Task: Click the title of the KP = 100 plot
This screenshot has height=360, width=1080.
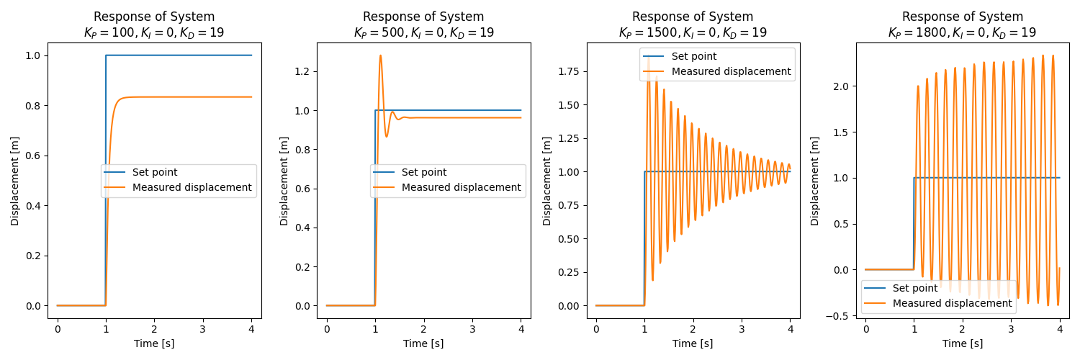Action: pos(154,24)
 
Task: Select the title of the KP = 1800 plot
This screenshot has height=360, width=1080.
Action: pos(962,24)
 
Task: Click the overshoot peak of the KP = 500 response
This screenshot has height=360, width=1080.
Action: pos(380,55)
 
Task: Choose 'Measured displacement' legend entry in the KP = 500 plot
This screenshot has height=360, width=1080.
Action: pos(461,188)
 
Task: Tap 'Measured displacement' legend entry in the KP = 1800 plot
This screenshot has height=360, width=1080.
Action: pos(952,304)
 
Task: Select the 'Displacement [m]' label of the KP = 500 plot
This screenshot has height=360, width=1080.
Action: pos(284,180)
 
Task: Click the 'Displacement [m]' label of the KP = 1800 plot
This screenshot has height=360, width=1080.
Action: pos(815,180)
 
